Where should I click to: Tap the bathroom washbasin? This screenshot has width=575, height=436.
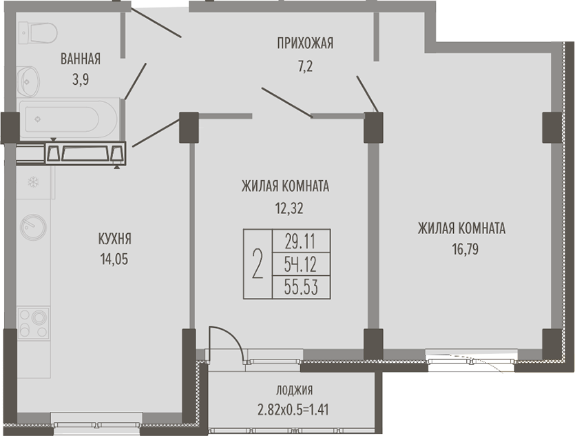28,81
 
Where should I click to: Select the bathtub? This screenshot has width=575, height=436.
69,119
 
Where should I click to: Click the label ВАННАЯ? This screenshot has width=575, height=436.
81,59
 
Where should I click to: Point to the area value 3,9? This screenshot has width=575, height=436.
81,79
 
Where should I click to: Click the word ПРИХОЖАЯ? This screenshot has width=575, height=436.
305,43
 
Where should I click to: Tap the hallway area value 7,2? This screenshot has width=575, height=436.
305,67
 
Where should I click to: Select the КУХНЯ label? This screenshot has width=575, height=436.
115,239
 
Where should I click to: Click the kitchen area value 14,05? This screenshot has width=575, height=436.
114,259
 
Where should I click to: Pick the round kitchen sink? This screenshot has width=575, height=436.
33,227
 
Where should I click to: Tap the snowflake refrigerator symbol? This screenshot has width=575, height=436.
34,181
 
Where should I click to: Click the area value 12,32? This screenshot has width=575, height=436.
289,208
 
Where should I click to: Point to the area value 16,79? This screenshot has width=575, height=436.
465,250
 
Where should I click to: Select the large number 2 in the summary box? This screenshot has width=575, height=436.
258,264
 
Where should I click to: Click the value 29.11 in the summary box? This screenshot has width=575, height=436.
300,241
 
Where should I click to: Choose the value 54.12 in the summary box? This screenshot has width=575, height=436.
300,264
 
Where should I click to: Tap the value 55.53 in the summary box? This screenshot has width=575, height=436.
301,287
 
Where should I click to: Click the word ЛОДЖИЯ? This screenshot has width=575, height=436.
295,390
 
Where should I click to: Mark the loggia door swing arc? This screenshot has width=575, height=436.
234,336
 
